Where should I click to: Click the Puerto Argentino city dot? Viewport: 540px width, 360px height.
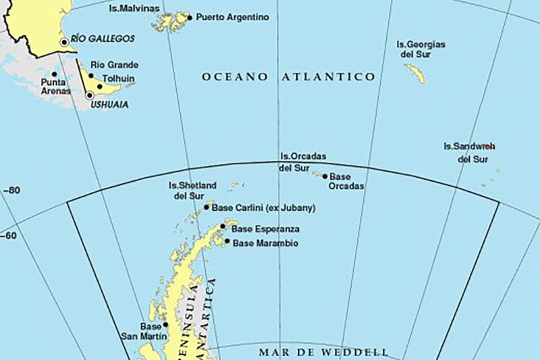(x=190, y=18)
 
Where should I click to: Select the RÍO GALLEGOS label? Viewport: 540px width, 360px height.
(x=103, y=39)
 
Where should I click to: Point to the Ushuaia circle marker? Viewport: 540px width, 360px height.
(x=89, y=95)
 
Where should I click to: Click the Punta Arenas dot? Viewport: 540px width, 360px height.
(x=54, y=74)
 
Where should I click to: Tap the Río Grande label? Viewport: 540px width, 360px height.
(x=115, y=65)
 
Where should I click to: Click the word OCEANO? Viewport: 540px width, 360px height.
(x=235, y=77)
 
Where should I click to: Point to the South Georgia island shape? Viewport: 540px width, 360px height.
(x=415, y=72)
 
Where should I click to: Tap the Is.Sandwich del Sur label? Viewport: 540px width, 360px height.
(x=470, y=153)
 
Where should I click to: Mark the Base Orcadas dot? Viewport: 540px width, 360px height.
(x=325, y=177)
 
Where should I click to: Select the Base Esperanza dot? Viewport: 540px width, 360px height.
(x=223, y=227)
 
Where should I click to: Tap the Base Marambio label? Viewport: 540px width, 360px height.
(x=265, y=242)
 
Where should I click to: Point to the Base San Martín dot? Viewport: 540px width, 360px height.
(x=165, y=325)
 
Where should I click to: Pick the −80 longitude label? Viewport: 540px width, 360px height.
(x=11, y=190)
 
